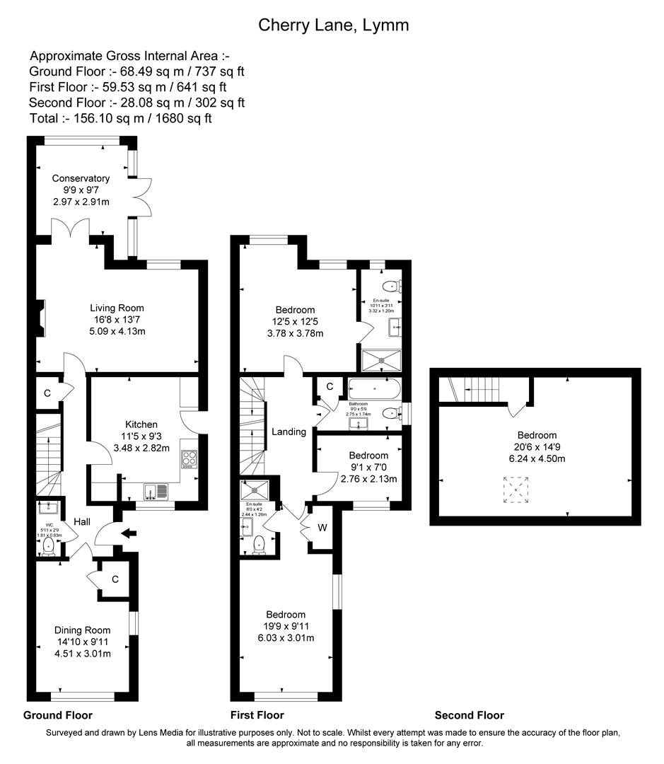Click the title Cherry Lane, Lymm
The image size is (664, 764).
(333, 25)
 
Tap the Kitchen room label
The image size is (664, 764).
(142, 424)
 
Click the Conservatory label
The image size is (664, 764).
(81, 178)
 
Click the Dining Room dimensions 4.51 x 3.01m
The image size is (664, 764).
(83, 654)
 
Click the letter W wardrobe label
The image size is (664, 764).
(322, 526)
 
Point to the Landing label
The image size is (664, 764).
(289, 432)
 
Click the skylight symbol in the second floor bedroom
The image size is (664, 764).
(516, 490)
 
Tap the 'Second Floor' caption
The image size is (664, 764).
(469, 715)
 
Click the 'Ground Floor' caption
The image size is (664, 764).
(58, 715)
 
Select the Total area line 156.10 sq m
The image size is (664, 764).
(120, 118)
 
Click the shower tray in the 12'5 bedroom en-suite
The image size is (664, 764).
(381, 360)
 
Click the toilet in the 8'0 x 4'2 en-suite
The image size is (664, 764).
(260, 543)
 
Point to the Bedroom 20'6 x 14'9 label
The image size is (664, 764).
(536, 435)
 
